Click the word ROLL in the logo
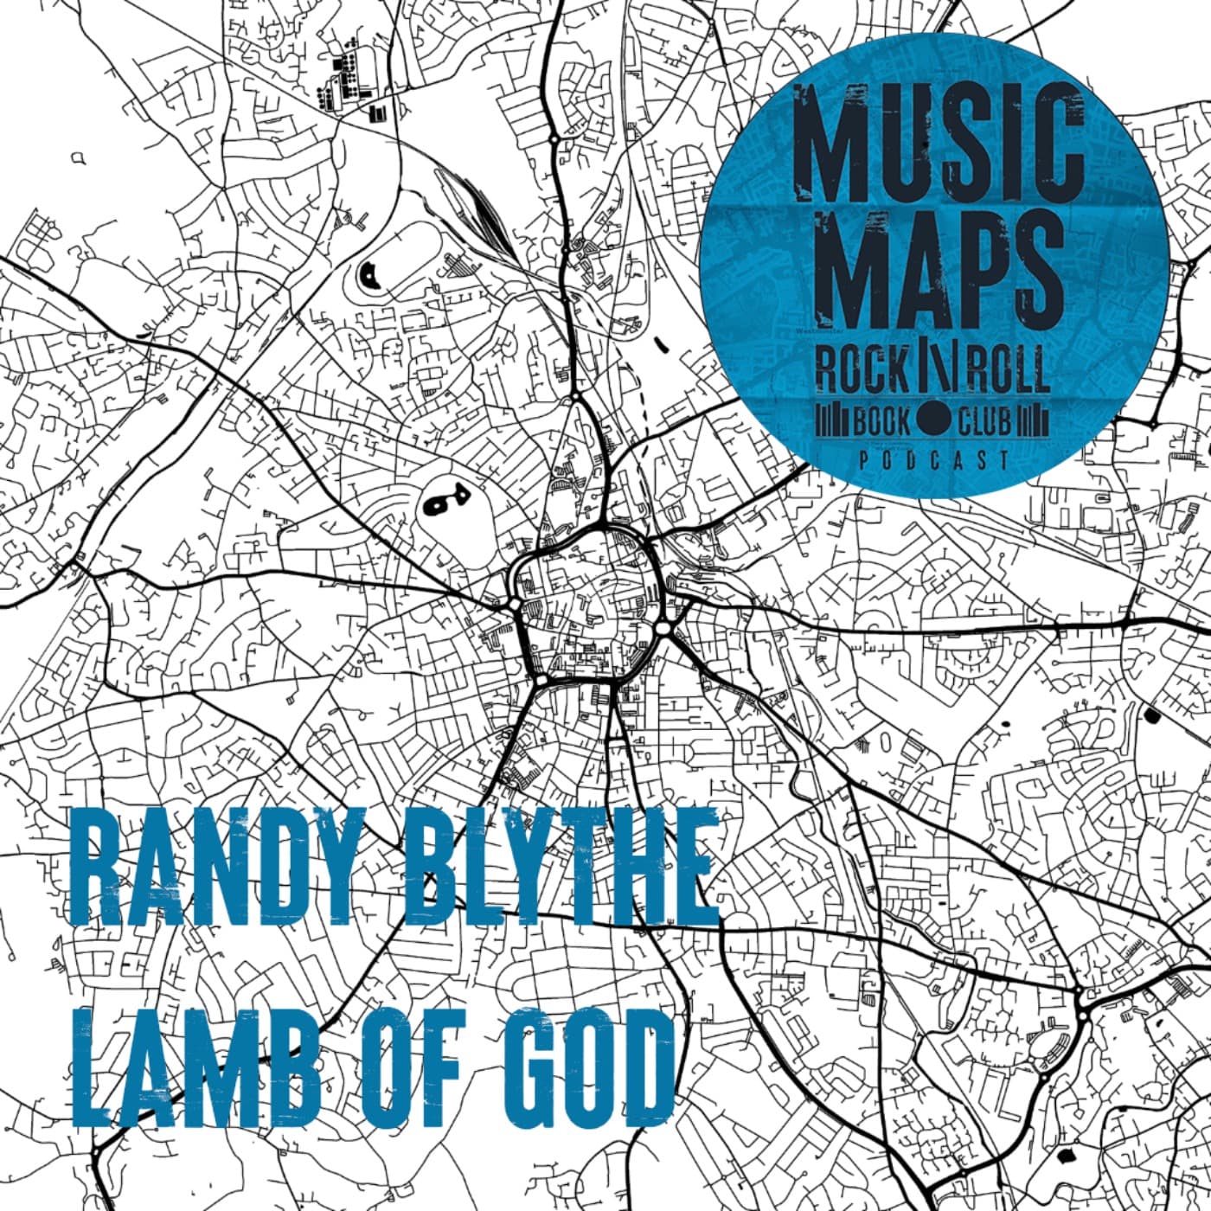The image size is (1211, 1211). (x=1009, y=370)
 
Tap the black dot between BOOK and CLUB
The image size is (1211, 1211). (x=933, y=420)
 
